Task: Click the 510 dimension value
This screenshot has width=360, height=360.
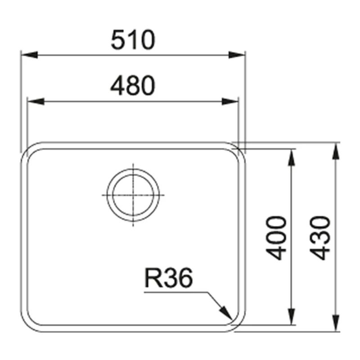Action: click(x=133, y=40)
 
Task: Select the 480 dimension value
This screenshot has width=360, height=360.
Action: click(x=133, y=85)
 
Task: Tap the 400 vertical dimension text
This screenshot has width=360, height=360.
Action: click(x=276, y=238)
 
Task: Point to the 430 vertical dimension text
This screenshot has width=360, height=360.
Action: click(x=320, y=238)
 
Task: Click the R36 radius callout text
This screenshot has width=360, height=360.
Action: click(x=169, y=278)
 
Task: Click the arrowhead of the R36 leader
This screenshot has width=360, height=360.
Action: click(x=226, y=313)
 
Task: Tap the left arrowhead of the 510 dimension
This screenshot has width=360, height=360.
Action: click(x=29, y=55)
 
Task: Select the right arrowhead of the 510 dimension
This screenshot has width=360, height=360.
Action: click(x=237, y=55)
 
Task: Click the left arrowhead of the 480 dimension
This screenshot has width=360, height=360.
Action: click(x=36, y=101)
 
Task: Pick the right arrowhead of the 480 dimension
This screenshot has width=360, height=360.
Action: click(x=230, y=101)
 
